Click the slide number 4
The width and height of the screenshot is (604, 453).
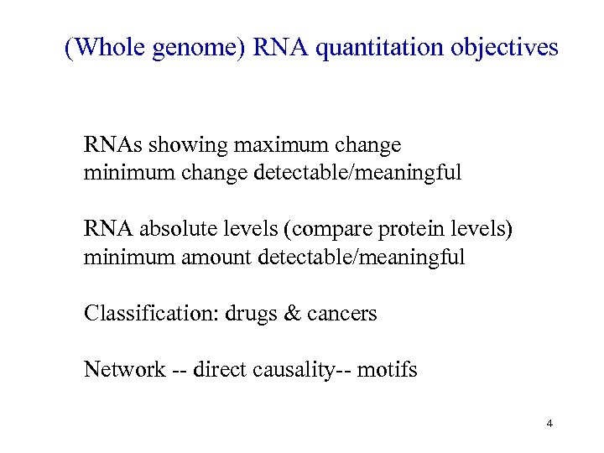(x=549, y=424)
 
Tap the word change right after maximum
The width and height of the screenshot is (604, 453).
(x=367, y=145)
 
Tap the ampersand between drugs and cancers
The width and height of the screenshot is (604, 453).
(x=292, y=314)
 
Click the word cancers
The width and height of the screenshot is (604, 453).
(x=341, y=314)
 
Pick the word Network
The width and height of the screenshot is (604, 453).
(x=124, y=370)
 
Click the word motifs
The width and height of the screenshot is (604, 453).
(x=387, y=370)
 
